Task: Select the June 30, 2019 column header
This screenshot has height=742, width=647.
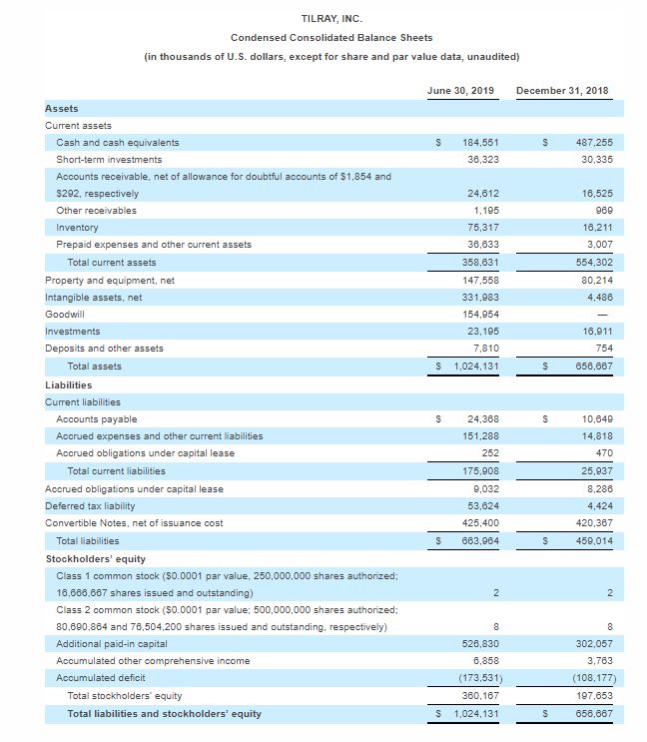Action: point(460,91)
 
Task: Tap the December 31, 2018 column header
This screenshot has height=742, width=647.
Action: point(562,91)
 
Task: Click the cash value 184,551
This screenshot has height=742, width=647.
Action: point(481,143)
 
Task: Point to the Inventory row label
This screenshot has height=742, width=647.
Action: point(77,227)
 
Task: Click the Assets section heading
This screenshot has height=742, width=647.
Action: point(62,108)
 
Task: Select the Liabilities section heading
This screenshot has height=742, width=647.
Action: point(69,384)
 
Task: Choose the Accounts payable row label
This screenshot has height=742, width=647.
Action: point(97,419)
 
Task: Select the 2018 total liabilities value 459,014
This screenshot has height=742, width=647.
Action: point(590,541)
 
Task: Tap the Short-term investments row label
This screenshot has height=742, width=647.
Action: point(109,160)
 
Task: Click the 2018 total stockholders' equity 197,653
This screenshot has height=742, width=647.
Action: point(590,695)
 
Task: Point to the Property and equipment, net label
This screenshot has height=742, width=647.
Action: point(110,280)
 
